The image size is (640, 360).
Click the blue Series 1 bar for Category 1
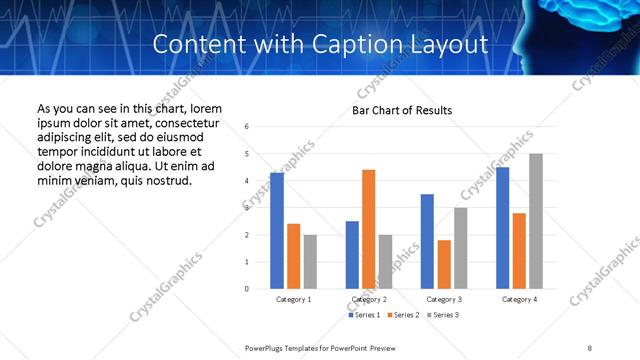pos(277,231)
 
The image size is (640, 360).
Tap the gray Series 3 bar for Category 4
pos(536,221)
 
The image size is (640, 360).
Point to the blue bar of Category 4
pos(502,228)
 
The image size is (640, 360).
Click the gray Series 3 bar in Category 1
pos(311,262)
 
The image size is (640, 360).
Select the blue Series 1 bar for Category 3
pos(427,241)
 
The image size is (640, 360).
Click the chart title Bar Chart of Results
pos(402,110)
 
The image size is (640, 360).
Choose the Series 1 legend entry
pos(363,315)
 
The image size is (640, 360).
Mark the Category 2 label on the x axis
pos(369,299)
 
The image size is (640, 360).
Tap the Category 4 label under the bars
pos(519,299)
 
